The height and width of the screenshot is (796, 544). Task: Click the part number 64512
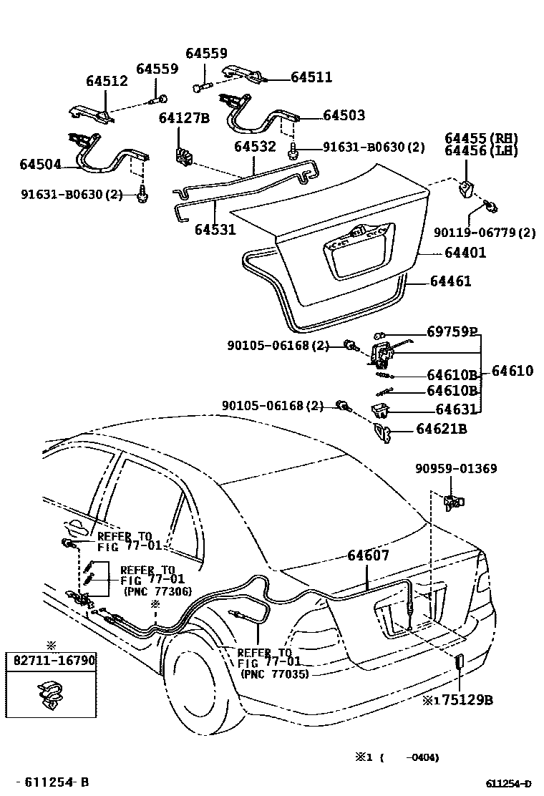tap(107, 81)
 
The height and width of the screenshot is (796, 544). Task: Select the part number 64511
tap(311, 77)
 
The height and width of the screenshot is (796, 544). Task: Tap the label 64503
tap(344, 115)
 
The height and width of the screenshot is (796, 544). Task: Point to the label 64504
tap(40, 165)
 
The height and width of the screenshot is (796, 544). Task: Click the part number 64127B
tap(184, 118)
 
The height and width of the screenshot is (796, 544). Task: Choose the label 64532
tap(255, 147)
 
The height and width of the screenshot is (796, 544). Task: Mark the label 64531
tap(215, 230)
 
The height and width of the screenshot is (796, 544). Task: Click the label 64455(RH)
tap(491, 138)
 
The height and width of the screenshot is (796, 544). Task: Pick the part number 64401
tap(465, 252)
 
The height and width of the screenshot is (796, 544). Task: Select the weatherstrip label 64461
tap(450, 281)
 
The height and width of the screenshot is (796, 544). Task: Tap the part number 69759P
tap(451, 332)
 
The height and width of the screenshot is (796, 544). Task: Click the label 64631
tap(451, 409)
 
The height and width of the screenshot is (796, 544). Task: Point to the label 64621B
tap(442, 429)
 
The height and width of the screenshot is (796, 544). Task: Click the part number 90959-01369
tap(456, 469)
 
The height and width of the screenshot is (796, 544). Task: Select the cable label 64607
tap(369, 555)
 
